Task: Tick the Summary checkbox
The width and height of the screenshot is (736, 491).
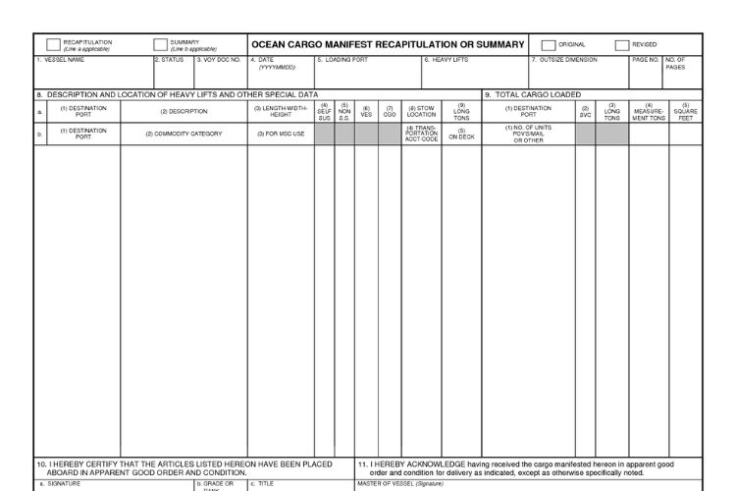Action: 160,44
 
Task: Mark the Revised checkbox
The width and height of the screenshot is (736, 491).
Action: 622,44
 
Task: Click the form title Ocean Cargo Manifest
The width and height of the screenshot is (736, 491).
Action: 389,45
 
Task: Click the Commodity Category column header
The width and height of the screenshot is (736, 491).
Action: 184,134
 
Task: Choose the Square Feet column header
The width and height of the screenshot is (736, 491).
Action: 685,112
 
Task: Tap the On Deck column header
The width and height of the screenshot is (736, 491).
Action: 461,135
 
